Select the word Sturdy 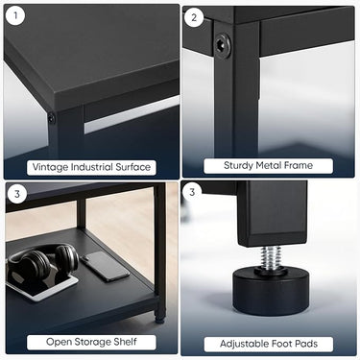pos(241,166)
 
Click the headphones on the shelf pos(42,262)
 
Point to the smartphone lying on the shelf pos(105,266)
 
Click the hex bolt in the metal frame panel pos(223,43)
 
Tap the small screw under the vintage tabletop pos(52,118)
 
